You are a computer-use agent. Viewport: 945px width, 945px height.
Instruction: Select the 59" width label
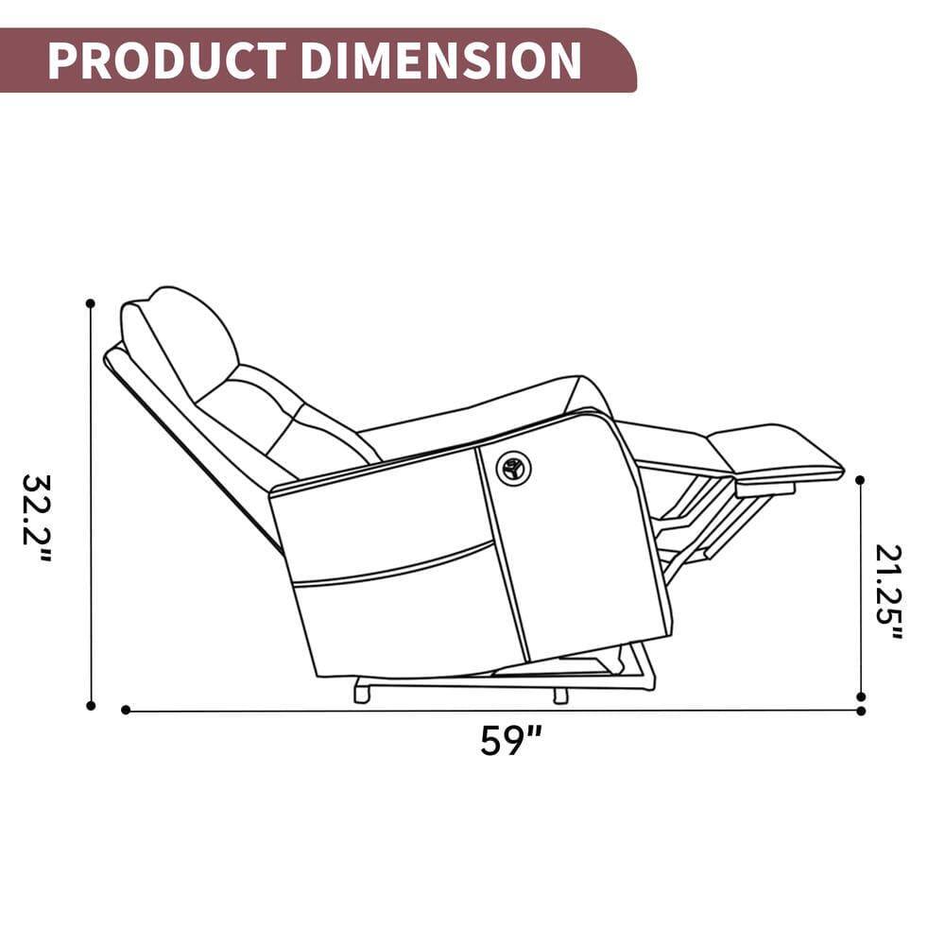point(510,740)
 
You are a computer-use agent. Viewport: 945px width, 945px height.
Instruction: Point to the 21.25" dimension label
point(888,592)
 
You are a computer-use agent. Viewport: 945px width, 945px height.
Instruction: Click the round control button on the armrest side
point(513,468)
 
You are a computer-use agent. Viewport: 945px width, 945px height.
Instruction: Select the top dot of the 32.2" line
point(91,303)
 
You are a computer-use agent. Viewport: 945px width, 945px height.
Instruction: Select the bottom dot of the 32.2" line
point(91,705)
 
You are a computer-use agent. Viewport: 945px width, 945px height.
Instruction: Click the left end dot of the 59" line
point(126,710)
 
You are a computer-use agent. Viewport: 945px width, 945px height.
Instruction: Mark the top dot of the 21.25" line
point(860,480)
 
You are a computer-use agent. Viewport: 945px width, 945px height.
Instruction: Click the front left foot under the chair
point(361,694)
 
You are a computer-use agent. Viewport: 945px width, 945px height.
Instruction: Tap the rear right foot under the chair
point(560,696)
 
